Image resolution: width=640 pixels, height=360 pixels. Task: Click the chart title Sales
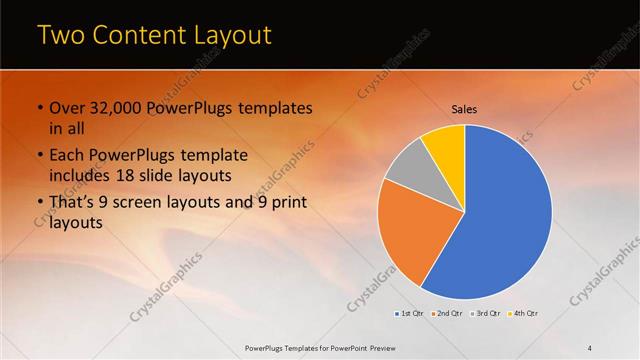point(464,108)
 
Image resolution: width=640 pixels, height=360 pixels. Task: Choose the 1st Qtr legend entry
point(410,314)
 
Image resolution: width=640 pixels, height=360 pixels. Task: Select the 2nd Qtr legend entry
point(447,314)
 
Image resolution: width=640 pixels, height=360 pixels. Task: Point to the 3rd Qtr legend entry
point(485,314)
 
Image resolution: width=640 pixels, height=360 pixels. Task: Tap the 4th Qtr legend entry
point(523,314)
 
